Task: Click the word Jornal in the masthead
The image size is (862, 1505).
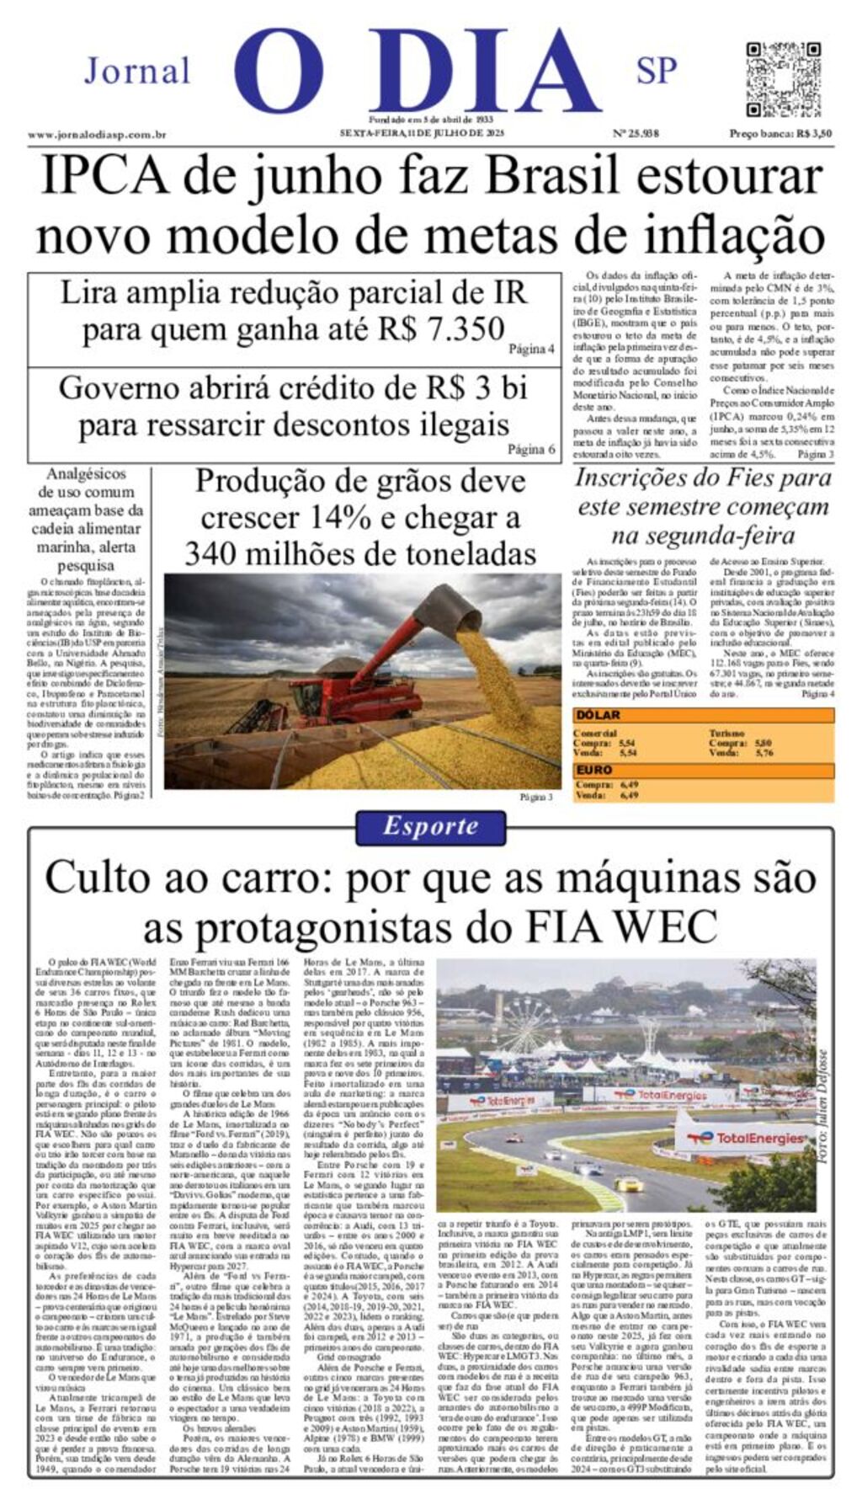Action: (x=137, y=72)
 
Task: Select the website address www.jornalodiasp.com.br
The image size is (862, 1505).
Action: (x=96, y=135)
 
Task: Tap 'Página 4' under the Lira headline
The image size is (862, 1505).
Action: (x=531, y=349)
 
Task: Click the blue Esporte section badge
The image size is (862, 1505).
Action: (x=430, y=826)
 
